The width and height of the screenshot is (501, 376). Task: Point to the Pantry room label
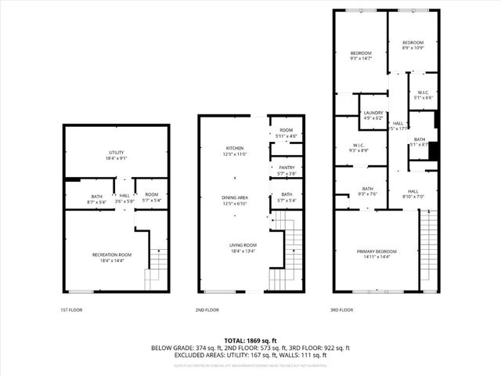[x=286, y=170]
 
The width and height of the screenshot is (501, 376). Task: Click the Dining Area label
[x=236, y=201]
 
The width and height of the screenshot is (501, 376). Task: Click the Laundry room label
[x=373, y=115]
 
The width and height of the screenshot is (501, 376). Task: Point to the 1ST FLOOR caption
[x=71, y=310]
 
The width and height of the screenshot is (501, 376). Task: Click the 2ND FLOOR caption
[x=206, y=310]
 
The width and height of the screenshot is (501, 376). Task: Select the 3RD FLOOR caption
[x=342, y=310]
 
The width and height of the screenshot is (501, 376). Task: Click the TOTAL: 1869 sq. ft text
[x=250, y=340]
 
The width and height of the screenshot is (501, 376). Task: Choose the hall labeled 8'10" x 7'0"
[x=413, y=193]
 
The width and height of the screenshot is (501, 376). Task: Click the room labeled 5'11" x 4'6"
[x=286, y=132]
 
